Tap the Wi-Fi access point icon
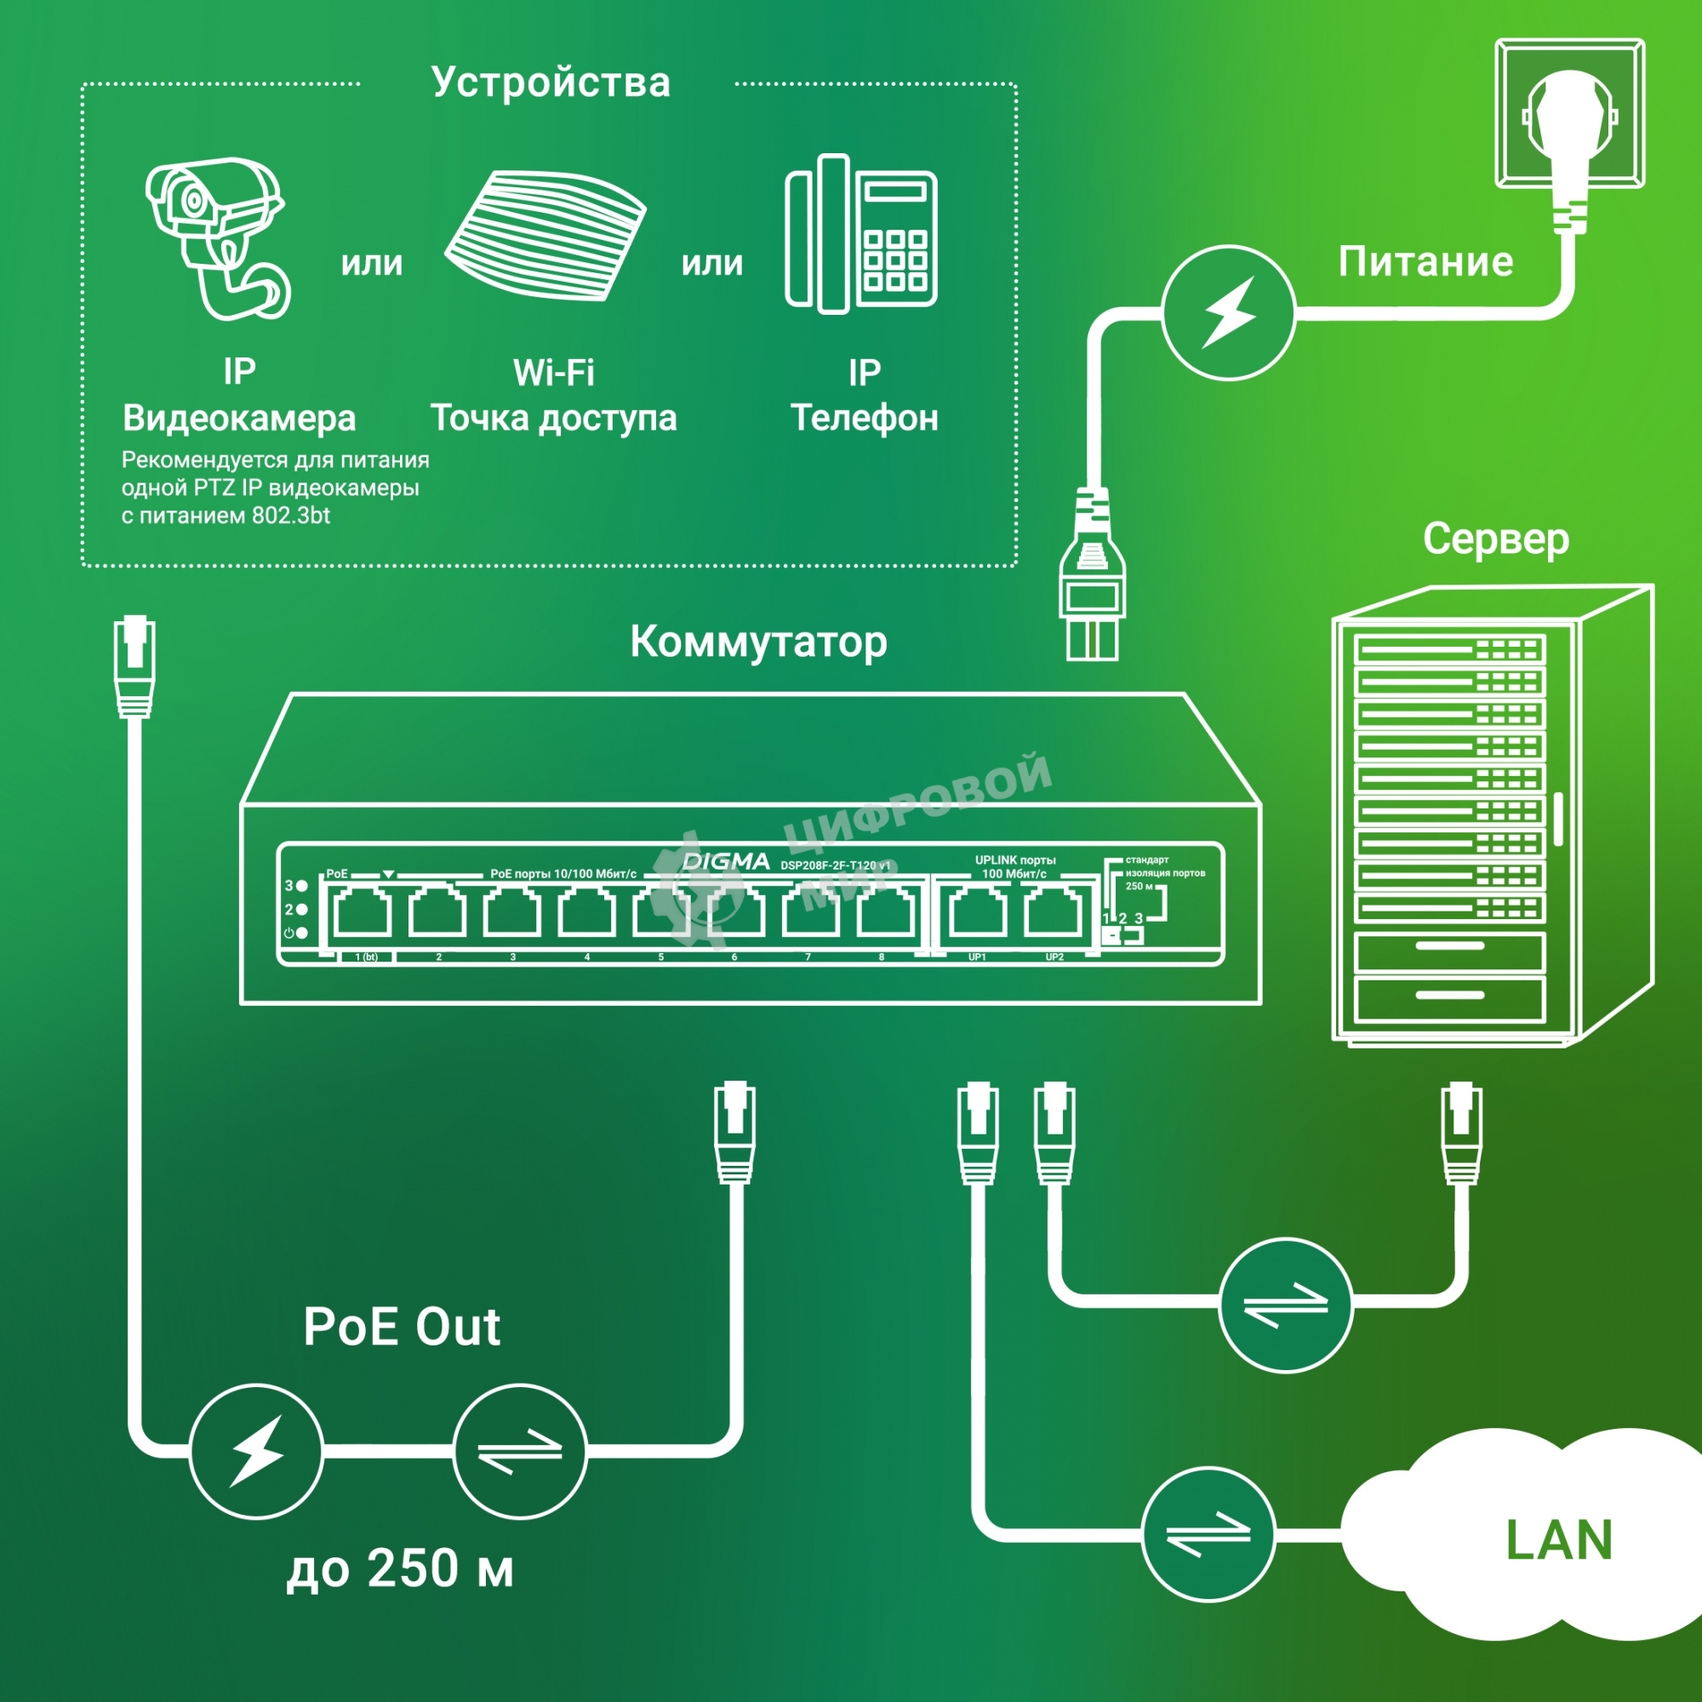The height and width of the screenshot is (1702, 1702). pos(546,236)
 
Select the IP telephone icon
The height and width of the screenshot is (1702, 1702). pos(860,235)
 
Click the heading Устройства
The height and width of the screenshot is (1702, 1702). pos(551,83)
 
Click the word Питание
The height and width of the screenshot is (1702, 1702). pos(1425,262)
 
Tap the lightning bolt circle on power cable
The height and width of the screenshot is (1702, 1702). pos(1228,312)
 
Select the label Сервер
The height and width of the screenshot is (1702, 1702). pos(1495,540)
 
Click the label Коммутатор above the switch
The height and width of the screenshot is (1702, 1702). pos(758,643)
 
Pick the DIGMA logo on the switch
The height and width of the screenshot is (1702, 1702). pos(726,861)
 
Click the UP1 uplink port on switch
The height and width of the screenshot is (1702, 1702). pos(977,912)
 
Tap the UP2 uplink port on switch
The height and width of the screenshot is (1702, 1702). pos(1054,912)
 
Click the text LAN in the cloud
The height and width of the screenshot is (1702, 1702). pos(1558,1541)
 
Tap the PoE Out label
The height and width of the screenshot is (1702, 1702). pos(402,1327)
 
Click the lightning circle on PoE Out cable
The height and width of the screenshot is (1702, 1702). pos(256,1451)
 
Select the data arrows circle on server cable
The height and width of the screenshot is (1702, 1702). pos(1285,1305)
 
